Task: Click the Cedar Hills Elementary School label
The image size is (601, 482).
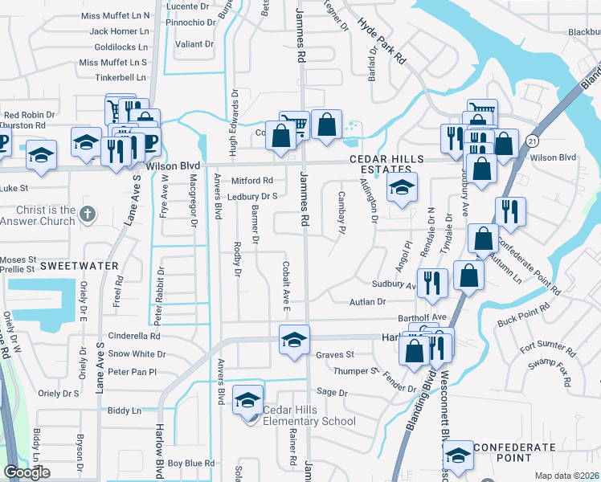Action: click(x=309, y=415)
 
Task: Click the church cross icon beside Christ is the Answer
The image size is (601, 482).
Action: click(x=89, y=214)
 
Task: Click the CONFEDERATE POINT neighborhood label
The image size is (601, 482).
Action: click(x=514, y=453)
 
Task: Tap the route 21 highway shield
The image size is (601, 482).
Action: click(x=532, y=141)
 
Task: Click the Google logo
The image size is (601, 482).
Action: click(x=27, y=472)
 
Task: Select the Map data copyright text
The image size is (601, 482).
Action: click(x=566, y=476)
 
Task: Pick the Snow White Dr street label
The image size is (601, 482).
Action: click(x=137, y=353)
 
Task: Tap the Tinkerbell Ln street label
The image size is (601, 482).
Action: click(x=121, y=77)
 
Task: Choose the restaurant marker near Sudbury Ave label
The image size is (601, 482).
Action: click(x=433, y=282)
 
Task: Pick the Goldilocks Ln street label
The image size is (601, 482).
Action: click(x=121, y=47)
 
